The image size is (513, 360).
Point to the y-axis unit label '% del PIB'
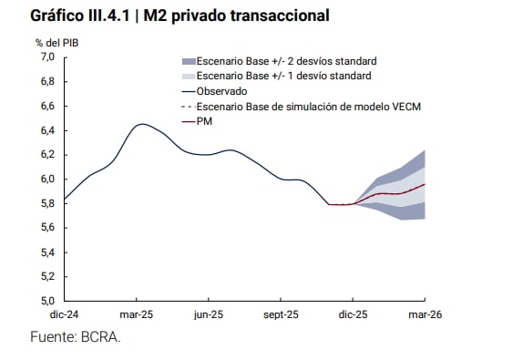(x=57, y=43)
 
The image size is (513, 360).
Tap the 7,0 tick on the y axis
(x=47, y=57)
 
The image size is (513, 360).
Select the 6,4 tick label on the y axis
(x=47, y=130)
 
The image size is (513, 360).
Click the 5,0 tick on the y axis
(x=47, y=301)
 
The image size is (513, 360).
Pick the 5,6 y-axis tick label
(x=47, y=228)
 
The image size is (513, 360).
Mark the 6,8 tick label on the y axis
(x=47, y=81)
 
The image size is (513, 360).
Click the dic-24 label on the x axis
(x=65, y=314)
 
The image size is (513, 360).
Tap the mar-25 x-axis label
(x=137, y=314)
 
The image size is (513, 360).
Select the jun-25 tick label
(x=209, y=314)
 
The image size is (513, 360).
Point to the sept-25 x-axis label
(x=281, y=314)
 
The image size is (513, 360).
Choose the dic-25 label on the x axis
(x=353, y=314)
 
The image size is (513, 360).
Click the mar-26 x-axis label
(x=424, y=314)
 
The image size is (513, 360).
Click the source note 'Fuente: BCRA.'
(x=76, y=337)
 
